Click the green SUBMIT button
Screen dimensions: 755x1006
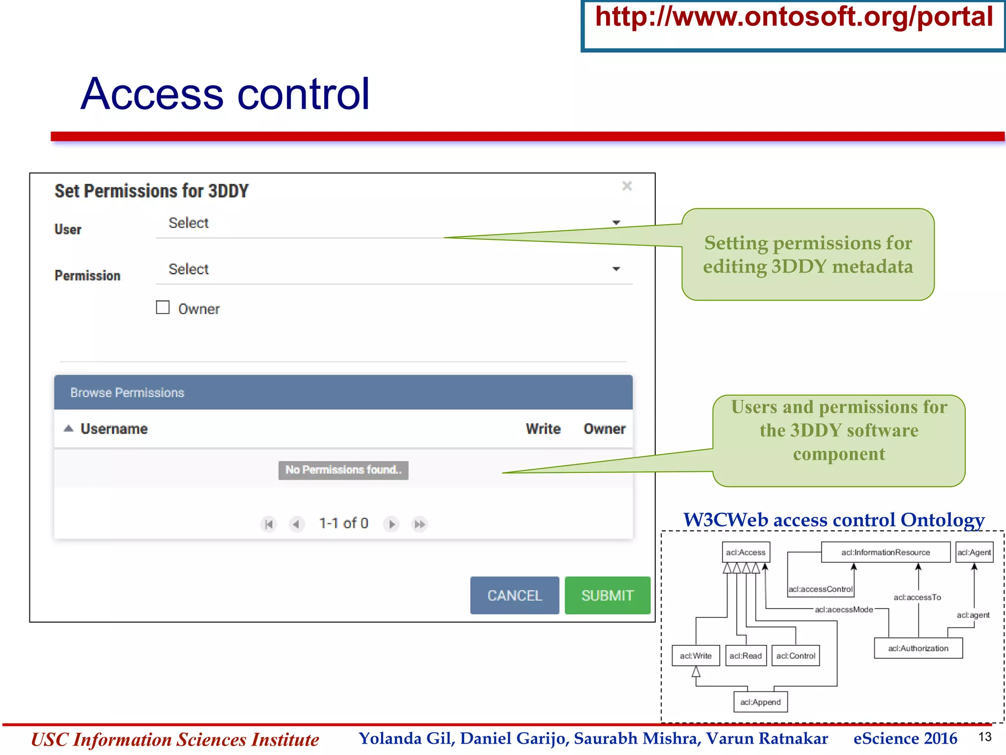coord(607,595)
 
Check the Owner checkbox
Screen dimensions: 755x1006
coord(163,308)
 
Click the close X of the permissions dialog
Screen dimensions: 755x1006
coord(627,186)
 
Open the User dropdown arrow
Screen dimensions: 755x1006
coord(616,223)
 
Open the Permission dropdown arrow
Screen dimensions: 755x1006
coord(616,269)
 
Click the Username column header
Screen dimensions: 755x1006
coord(114,429)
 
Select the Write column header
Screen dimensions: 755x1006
coord(543,429)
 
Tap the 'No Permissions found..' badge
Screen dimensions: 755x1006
coord(343,470)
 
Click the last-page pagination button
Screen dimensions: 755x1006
coord(419,524)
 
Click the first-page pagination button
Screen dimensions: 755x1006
coord(269,524)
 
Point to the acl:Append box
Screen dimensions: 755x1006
coord(760,702)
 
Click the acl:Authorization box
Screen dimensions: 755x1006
coord(918,648)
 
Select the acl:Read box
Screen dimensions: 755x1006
coord(746,656)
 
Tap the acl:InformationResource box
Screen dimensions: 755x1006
coord(885,552)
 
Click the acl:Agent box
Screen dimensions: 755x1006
coord(974,552)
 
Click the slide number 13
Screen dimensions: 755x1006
coord(985,737)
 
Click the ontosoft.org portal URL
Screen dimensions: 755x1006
coord(794,17)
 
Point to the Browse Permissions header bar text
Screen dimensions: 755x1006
coord(127,393)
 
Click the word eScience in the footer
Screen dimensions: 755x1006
coord(886,738)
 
